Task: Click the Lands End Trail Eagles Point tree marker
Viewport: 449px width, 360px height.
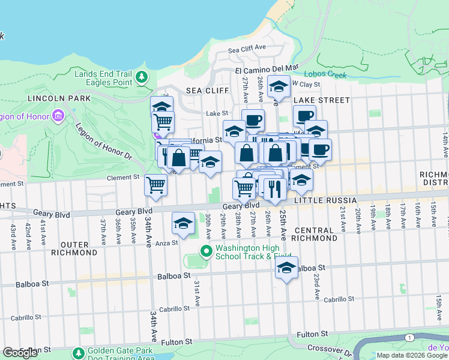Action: tap(142, 77)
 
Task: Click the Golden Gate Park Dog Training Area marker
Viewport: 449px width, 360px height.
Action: tap(78, 354)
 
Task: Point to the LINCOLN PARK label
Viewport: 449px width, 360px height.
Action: tap(59, 98)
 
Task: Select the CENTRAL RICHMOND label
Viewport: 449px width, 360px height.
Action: tap(314, 234)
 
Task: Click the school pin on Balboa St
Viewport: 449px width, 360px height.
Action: tap(287, 268)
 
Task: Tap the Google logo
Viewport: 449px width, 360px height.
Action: tap(20, 353)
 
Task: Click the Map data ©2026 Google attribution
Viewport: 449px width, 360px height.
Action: tap(411, 355)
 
